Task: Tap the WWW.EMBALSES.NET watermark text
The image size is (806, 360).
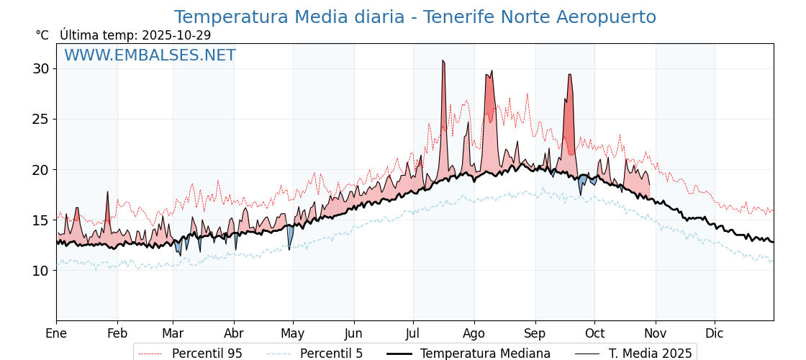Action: (150, 55)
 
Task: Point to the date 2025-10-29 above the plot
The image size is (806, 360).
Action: (176, 35)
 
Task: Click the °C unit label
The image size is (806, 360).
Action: (42, 35)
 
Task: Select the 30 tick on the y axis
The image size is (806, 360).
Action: (40, 69)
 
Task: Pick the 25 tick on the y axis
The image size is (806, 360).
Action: (40, 120)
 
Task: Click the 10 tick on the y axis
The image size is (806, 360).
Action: (40, 271)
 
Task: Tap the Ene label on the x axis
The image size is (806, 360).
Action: (56, 333)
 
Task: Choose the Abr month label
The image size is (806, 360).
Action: (234, 333)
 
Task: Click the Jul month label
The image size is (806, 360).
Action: (413, 333)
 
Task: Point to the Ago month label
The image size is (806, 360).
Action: (474, 333)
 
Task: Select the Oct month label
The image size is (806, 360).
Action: (594, 333)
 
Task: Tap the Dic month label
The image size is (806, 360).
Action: (715, 333)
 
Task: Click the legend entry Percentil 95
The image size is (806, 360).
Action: (207, 354)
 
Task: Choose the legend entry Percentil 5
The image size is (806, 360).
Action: (331, 354)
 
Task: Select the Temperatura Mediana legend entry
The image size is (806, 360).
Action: (485, 354)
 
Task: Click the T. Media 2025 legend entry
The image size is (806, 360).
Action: (650, 354)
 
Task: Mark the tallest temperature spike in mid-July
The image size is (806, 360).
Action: (443, 62)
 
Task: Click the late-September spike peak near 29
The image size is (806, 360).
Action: (569, 76)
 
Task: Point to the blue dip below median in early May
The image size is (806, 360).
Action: (289, 241)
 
